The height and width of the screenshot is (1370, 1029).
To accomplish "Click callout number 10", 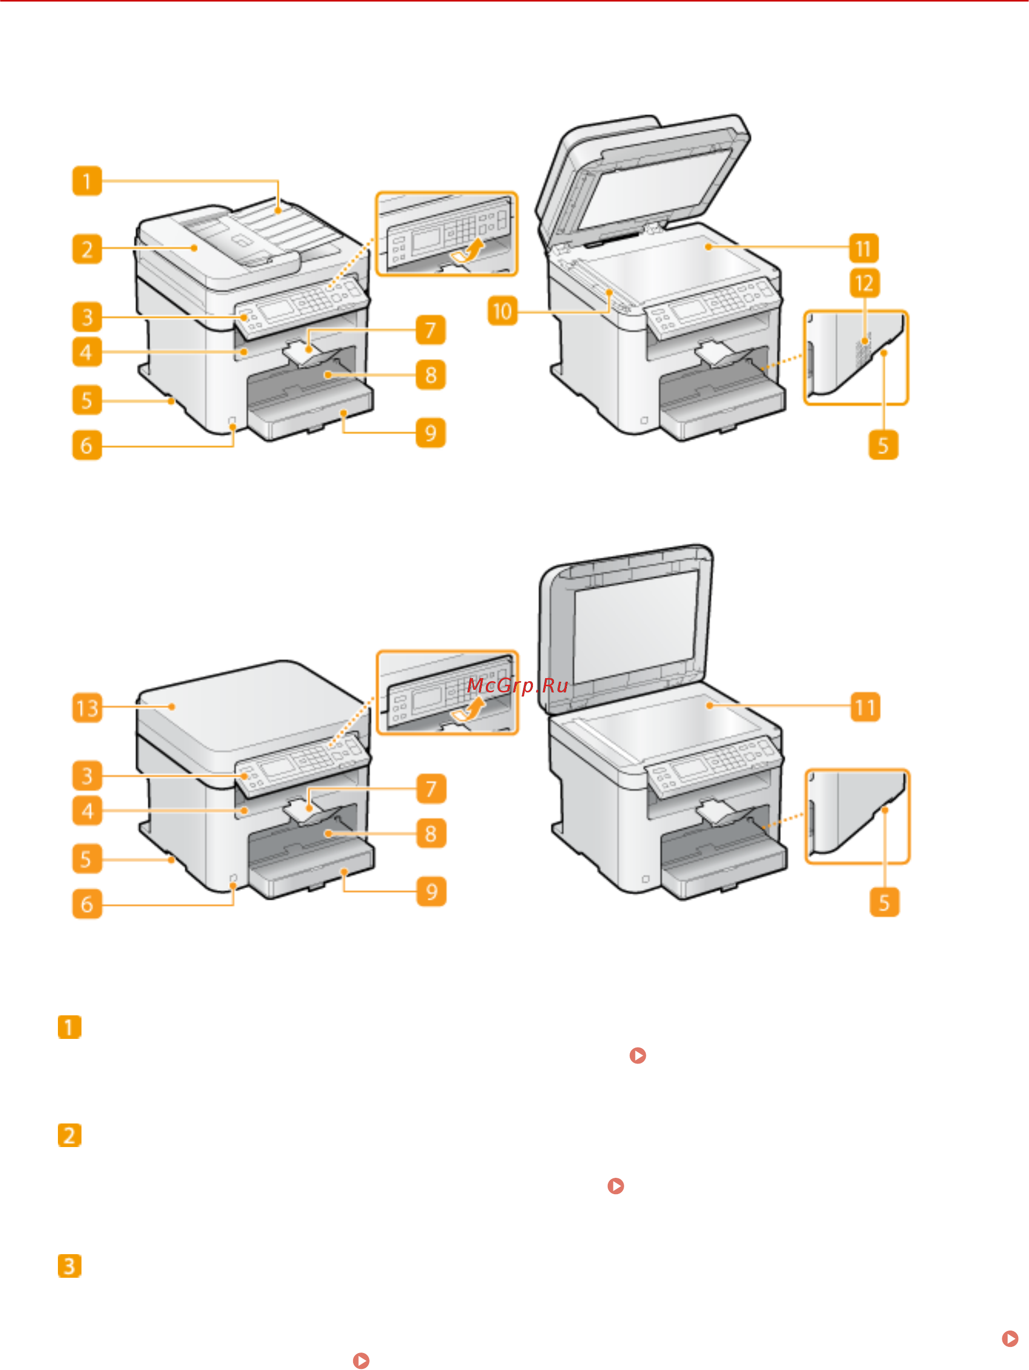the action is click(502, 311).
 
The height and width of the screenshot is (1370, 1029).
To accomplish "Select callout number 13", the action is click(87, 708).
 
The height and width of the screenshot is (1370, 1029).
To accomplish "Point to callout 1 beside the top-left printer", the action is click(87, 181).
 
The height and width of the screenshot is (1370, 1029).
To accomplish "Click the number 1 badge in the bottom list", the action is click(69, 1027).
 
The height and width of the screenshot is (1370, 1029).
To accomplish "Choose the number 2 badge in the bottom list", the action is click(69, 1135).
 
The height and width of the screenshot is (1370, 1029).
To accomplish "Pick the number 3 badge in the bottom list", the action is click(69, 1266).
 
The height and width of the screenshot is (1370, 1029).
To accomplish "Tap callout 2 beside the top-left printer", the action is click(87, 249).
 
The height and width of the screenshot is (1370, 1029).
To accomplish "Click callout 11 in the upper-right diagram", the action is click(863, 249).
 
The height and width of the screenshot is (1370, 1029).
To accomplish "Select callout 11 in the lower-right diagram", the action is click(865, 707).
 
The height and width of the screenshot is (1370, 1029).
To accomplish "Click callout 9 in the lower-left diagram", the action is click(431, 891).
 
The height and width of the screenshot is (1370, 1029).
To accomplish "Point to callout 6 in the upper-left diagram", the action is click(87, 445).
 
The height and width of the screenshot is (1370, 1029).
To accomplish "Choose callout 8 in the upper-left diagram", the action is click(431, 375).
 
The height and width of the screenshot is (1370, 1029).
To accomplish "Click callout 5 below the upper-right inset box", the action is click(883, 445).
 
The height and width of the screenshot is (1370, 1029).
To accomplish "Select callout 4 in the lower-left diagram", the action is click(87, 811).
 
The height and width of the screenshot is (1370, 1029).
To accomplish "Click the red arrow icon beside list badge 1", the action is click(637, 1055).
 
